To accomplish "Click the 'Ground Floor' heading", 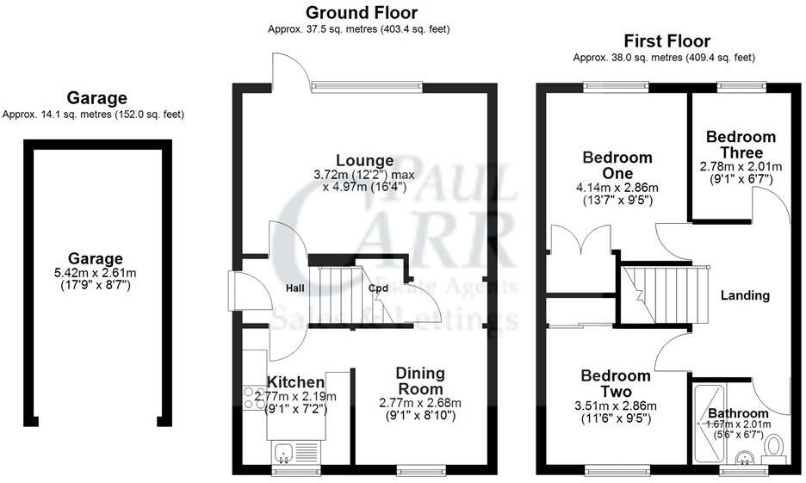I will pyautogui.click(x=362, y=12).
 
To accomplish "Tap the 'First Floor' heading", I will pyautogui.click(x=667, y=40).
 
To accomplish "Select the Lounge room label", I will pyautogui.click(x=364, y=160).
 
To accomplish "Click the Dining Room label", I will pyautogui.click(x=420, y=381).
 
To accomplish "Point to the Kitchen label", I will pyautogui.click(x=295, y=381).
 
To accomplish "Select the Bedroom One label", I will pyautogui.click(x=617, y=165).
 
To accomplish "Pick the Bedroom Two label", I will pyautogui.click(x=615, y=384).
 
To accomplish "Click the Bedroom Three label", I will pyautogui.click(x=741, y=145).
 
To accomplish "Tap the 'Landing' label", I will pyautogui.click(x=745, y=295).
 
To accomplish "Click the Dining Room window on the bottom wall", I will pyautogui.click(x=420, y=470).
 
